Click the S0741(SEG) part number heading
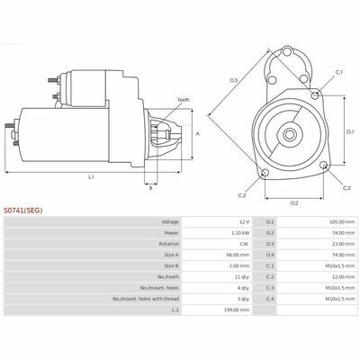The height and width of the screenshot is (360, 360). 23,211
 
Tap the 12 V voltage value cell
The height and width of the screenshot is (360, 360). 244,222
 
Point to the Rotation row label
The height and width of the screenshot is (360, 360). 169,244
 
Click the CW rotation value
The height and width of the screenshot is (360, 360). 244,244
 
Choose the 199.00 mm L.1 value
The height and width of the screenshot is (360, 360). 237,310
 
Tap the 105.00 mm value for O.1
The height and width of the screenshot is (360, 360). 342,222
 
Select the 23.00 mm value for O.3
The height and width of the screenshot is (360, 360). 343,244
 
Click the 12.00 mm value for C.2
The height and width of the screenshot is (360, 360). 343,277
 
